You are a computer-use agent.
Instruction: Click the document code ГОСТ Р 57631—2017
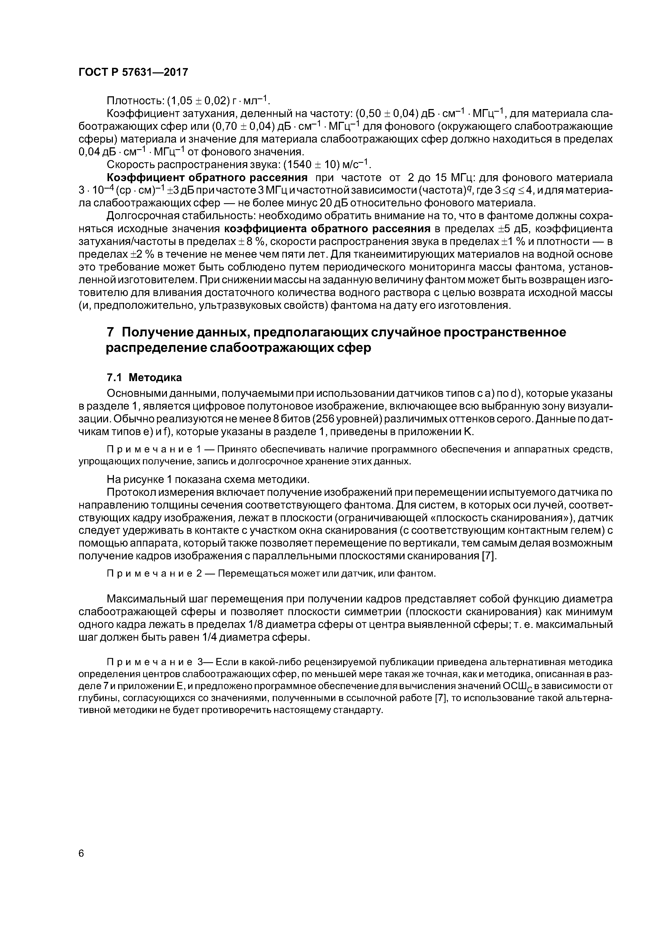[x=133, y=72]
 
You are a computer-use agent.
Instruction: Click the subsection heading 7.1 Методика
[x=144, y=377]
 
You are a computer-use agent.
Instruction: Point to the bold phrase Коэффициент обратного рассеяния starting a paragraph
[x=207, y=178]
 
